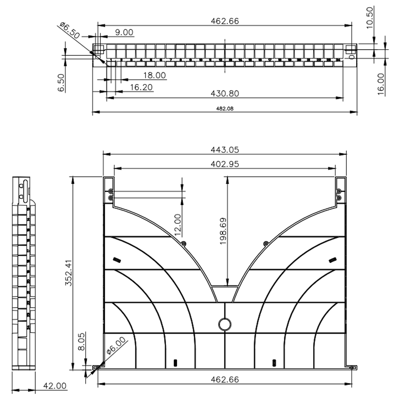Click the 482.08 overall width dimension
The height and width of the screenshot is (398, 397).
click(224, 109)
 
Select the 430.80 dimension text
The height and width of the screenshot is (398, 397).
click(224, 94)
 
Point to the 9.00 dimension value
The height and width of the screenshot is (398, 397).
click(124, 32)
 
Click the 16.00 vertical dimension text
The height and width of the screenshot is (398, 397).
click(380, 83)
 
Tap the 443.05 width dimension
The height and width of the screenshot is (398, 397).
click(224, 150)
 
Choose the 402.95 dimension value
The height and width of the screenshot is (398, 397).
click(224, 164)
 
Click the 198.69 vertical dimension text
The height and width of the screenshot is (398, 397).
click(223, 231)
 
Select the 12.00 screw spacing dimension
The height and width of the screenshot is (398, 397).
click(177, 223)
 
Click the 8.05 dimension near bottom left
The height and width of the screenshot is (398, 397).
click(81, 341)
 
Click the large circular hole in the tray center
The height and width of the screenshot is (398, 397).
click(225, 324)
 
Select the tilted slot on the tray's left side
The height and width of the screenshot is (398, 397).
click(117, 260)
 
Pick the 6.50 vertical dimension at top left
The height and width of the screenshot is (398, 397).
click(61, 83)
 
